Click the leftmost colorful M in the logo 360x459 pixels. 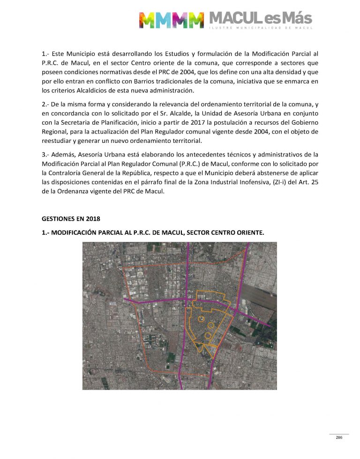coord(147,20)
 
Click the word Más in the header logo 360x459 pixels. coord(296,19)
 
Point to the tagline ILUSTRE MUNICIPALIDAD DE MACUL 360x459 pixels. coord(260,29)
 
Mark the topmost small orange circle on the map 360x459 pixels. coord(201,318)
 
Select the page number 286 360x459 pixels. coord(339,437)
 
